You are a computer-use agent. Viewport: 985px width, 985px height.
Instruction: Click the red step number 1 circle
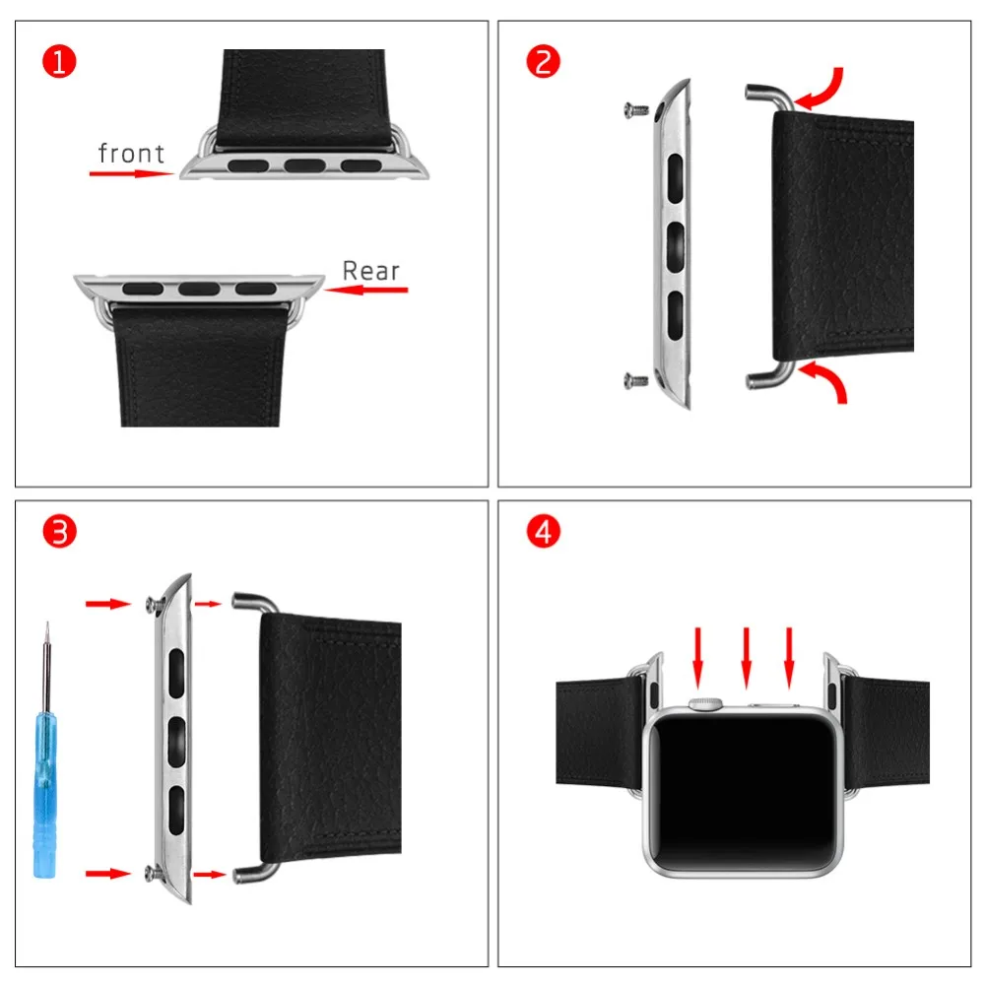[x=59, y=62]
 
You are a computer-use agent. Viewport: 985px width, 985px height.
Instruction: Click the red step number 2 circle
[x=543, y=62]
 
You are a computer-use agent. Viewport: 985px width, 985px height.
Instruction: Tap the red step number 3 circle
[x=59, y=533]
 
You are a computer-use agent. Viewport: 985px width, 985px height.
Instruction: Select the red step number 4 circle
[x=543, y=533]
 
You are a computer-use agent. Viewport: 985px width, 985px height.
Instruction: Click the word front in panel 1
[x=131, y=153]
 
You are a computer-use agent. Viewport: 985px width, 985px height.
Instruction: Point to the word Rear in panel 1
[x=371, y=271]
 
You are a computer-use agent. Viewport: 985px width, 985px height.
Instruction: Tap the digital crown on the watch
[x=705, y=703]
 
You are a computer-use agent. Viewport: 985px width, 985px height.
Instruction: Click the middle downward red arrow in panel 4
[x=746, y=657]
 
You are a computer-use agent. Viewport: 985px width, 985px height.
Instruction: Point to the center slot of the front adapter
[x=305, y=165]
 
